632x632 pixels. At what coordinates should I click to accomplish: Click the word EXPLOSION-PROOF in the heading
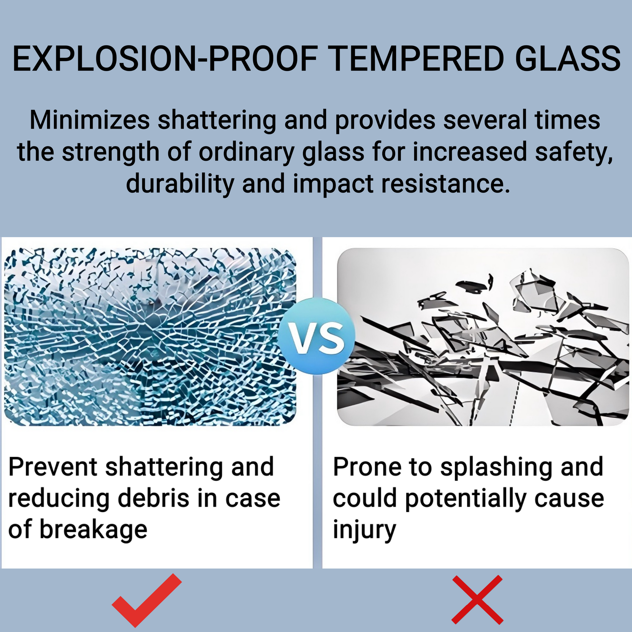[165, 58]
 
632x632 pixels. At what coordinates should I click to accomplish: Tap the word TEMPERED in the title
[416, 58]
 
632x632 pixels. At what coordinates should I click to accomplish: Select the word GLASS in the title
[568, 58]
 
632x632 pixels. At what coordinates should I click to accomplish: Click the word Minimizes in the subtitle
[90, 120]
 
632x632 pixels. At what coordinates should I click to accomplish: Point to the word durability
[180, 183]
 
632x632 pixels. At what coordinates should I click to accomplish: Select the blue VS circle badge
[317, 336]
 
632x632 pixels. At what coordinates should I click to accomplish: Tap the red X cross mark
[477, 600]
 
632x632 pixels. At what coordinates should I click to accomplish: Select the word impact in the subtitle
[333, 184]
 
